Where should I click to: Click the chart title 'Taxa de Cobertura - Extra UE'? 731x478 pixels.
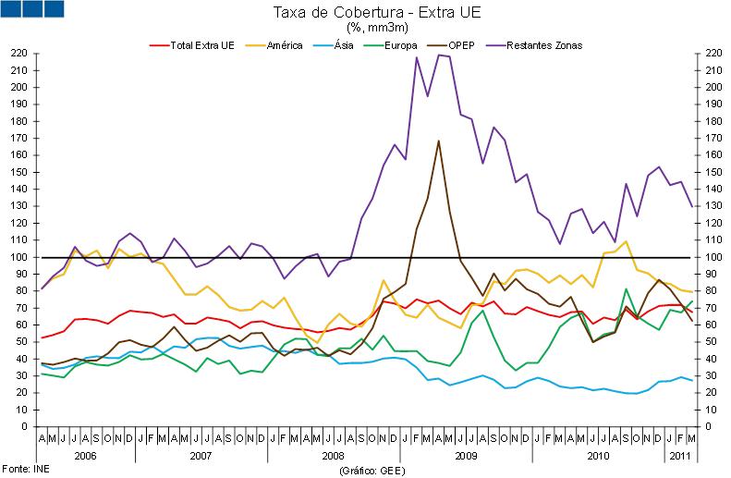click(365, 12)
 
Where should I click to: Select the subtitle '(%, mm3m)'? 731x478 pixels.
click(365, 28)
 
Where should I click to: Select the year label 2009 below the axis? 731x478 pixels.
click(465, 457)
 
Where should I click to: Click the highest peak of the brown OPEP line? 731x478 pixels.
click(437, 141)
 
